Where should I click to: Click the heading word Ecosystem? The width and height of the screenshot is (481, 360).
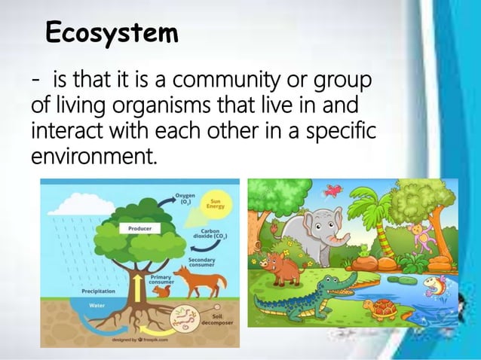112,34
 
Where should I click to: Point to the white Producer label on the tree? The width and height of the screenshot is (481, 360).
138,227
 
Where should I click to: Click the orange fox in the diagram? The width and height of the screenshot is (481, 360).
202,285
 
